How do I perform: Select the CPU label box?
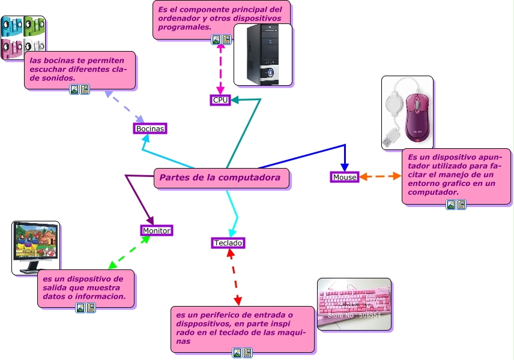(x=220, y=100)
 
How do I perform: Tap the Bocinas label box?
(x=150, y=129)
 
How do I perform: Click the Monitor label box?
(x=157, y=230)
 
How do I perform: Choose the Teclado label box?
(x=228, y=243)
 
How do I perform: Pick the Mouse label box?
(x=345, y=177)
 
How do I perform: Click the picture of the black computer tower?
(x=263, y=55)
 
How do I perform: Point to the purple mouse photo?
(x=407, y=112)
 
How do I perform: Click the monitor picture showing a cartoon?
(x=35, y=247)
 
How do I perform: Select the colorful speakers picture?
(x=23, y=37)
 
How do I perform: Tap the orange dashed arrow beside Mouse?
(x=381, y=176)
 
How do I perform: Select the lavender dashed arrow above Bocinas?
(x=124, y=106)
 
